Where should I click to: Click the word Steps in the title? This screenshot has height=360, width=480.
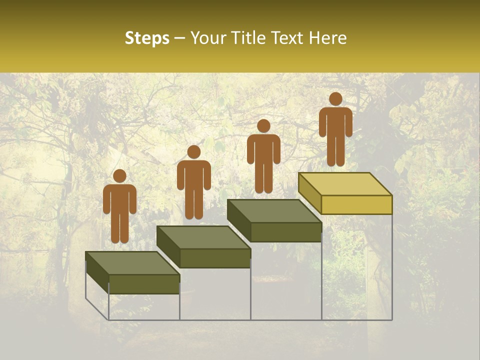coord(147,38)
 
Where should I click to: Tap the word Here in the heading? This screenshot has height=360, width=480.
coord(328,38)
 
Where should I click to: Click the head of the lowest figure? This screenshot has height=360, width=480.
coord(119,176)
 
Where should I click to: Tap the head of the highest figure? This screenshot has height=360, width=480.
coord(335,99)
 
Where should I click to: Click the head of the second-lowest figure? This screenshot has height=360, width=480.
coord(193,152)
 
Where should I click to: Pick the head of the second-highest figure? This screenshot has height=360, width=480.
coord(263,126)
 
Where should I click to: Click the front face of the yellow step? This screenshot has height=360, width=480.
coord(356,204)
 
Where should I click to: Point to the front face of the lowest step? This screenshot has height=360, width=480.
coord(144,284)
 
